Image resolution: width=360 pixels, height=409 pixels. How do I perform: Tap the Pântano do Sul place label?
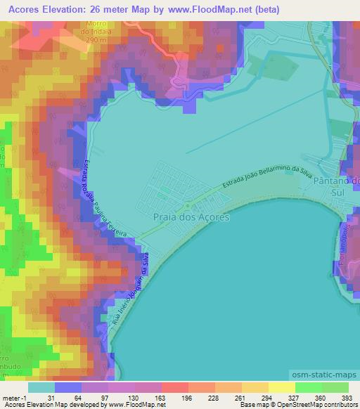[x=339, y=186]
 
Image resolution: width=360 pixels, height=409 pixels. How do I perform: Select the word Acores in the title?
[x=22, y=10]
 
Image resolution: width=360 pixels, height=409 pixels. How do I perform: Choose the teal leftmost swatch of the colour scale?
[x=41, y=387]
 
